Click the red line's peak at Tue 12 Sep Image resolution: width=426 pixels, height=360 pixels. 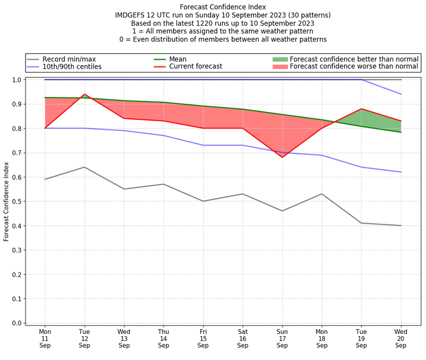click(x=85, y=94)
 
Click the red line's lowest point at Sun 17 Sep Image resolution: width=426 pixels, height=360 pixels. click(x=282, y=157)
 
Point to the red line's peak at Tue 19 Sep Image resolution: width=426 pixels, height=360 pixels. click(x=362, y=109)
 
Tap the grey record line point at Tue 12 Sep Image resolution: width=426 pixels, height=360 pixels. click(x=85, y=167)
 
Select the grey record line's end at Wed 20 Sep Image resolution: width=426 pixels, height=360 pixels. click(x=401, y=225)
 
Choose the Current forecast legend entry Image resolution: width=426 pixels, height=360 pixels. click(x=195, y=67)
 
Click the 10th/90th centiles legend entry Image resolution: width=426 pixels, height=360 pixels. click(x=72, y=67)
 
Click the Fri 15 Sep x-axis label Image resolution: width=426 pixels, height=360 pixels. click(x=203, y=338)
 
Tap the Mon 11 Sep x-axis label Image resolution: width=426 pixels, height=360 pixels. click(x=45, y=338)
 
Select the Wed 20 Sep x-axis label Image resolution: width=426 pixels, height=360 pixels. click(x=401, y=338)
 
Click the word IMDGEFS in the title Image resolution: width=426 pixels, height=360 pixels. click(x=130, y=15)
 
